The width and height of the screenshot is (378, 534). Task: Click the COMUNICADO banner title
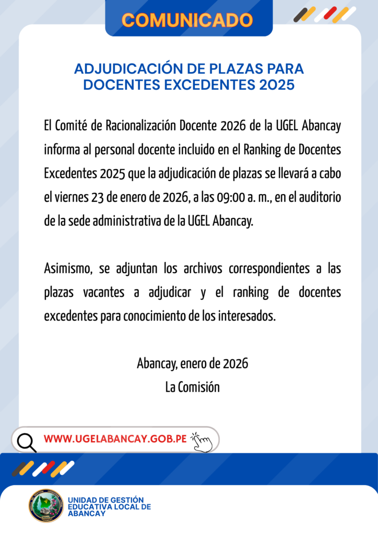pos(187,20)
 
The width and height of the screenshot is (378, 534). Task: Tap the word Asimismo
pos(68,269)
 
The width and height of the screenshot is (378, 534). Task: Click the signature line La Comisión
pos(192,387)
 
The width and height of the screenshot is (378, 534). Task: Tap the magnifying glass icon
pos(26,442)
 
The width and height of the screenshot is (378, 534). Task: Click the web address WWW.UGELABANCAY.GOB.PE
pos(115,439)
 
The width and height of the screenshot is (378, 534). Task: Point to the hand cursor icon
pos(202,442)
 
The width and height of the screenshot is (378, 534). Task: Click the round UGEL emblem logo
pos(46,505)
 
